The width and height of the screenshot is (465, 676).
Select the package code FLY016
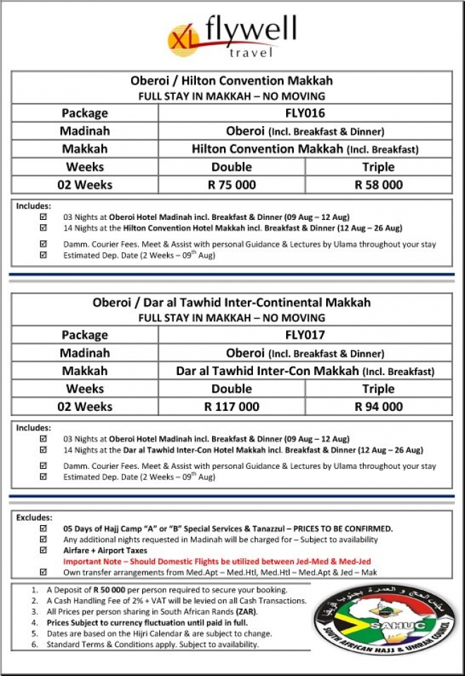click(305, 113)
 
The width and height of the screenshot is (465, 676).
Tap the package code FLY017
click(305, 335)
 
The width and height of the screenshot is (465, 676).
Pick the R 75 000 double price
click(232, 185)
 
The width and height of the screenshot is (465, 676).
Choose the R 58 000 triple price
click(378, 185)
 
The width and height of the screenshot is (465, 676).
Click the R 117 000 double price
click(232, 407)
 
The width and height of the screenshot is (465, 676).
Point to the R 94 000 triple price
click(378, 407)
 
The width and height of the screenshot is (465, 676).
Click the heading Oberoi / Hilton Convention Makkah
click(232, 80)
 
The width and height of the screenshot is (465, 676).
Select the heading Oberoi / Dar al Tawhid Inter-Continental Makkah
click(232, 302)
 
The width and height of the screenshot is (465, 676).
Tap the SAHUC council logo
click(384, 613)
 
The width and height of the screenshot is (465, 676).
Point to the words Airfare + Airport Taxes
click(105, 551)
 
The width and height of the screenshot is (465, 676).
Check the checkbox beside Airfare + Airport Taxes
click(44, 551)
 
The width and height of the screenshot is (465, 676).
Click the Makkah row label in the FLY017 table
click(85, 371)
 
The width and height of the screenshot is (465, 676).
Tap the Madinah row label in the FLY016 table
click(85, 131)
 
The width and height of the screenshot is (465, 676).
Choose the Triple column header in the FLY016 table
click(378, 167)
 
